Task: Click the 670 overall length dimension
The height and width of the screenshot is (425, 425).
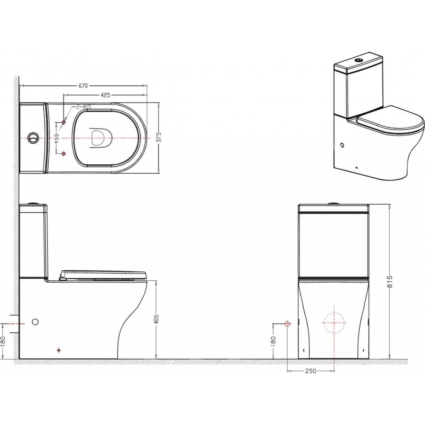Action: [83, 86]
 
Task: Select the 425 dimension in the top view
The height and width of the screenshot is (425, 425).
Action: [105, 95]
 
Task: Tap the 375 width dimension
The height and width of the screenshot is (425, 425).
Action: [159, 137]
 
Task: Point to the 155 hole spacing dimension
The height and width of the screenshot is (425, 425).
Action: [56, 138]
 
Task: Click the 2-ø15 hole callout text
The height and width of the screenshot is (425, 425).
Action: [84, 107]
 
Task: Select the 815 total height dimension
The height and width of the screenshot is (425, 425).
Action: [390, 281]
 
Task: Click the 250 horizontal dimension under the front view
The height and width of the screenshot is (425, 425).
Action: [311, 371]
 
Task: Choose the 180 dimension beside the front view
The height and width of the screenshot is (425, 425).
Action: [274, 341]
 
